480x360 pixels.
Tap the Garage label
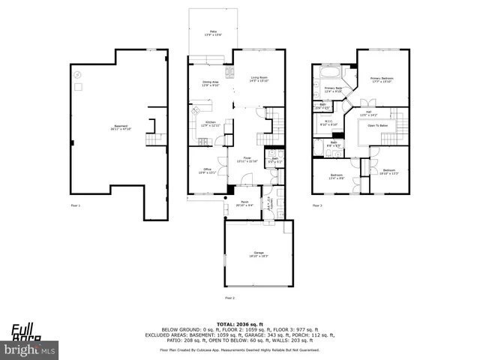(x=260, y=255)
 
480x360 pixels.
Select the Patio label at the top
(x=214, y=32)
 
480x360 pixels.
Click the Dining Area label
(x=210, y=84)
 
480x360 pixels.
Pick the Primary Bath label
(x=333, y=90)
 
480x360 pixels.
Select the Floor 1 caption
(x=75, y=205)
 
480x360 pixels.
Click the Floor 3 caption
(x=316, y=205)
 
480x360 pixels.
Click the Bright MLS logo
(x=30, y=349)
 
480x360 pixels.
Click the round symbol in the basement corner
(x=76, y=75)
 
